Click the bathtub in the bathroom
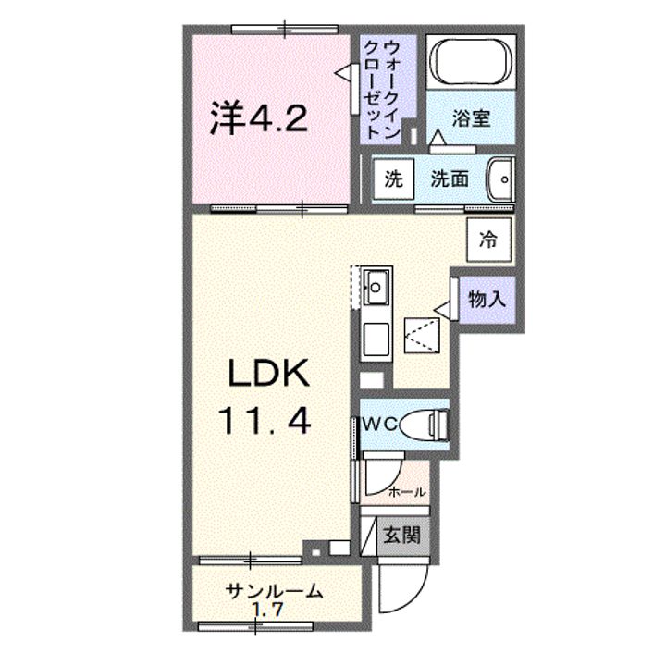coord(471,63)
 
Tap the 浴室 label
coord(471,118)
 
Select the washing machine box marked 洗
coord(394,179)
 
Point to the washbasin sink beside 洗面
coord(500,179)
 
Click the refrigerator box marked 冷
coord(488,240)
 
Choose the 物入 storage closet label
coord(487,300)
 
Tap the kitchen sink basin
coord(376,288)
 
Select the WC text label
coord(380,424)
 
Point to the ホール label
coord(407,492)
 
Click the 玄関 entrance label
coord(401,535)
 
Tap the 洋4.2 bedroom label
coord(259,118)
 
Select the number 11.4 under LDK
coord(265,420)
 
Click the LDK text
coord(269,373)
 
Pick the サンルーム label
coord(274,591)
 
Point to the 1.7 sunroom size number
coord(268,610)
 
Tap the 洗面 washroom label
coord(450,179)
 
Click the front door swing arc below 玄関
coord(403,588)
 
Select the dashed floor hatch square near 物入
coord(422,335)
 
